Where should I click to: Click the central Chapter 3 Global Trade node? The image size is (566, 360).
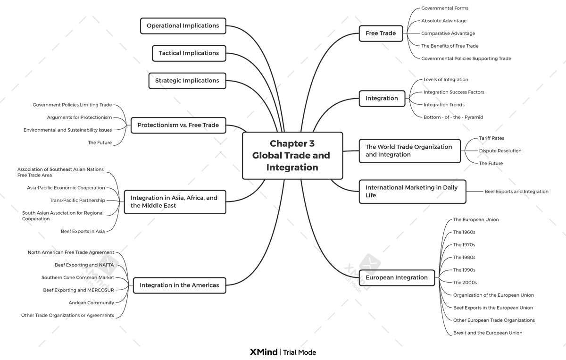[x=292, y=156]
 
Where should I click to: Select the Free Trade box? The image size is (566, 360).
[x=381, y=33]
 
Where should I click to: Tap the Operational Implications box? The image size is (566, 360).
[x=183, y=26]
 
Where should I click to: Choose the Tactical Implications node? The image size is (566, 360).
[x=189, y=53]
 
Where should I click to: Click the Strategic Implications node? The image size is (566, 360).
[x=187, y=81]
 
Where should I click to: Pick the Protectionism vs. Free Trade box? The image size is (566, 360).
[x=178, y=126]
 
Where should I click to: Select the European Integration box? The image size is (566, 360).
[x=397, y=277]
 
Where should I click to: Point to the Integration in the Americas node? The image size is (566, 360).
[x=179, y=285]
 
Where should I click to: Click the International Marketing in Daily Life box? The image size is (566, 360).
[x=412, y=192]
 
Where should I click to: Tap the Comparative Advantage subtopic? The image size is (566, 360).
[x=448, y=33]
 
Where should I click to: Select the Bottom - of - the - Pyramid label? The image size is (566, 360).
[x=453, y=117]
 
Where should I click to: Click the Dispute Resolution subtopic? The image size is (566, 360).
[x=500, y=151]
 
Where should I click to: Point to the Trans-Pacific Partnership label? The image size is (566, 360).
[x=77, y=201]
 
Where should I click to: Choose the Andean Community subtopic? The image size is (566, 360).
[x=91, y=303]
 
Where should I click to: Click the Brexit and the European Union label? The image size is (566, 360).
[x=488, y=333]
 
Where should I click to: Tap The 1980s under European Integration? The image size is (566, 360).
[x=464, y=258]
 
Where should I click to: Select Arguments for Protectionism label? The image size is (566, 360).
[x=79, y=117]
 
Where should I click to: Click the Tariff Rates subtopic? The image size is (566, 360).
[x=491, y=138]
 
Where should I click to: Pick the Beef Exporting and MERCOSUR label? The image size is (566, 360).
[x=78, y=290]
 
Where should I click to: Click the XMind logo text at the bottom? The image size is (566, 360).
[x=264, y=352]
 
